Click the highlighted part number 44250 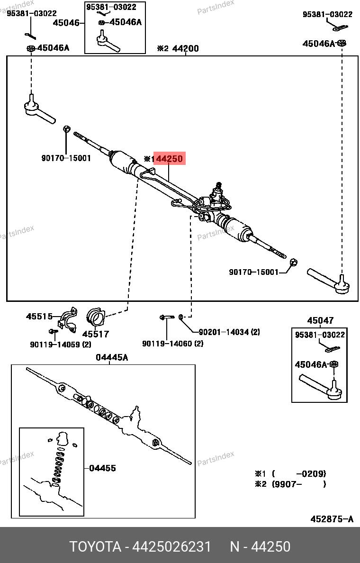tap(169, 159)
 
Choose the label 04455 tap(103, 468)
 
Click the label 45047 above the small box tap(320, 321)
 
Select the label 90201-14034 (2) tap(229, 332)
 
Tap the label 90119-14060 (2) tap(173, 344)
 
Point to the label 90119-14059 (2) tap(60, 345)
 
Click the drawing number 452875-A tap(332, 519)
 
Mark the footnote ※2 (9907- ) tap(290, 484)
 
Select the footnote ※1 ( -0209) tap(290, 474)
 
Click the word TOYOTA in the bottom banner tap(95, 547)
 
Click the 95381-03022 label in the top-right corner tap(327, 15)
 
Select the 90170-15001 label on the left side tap(66, 158)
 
